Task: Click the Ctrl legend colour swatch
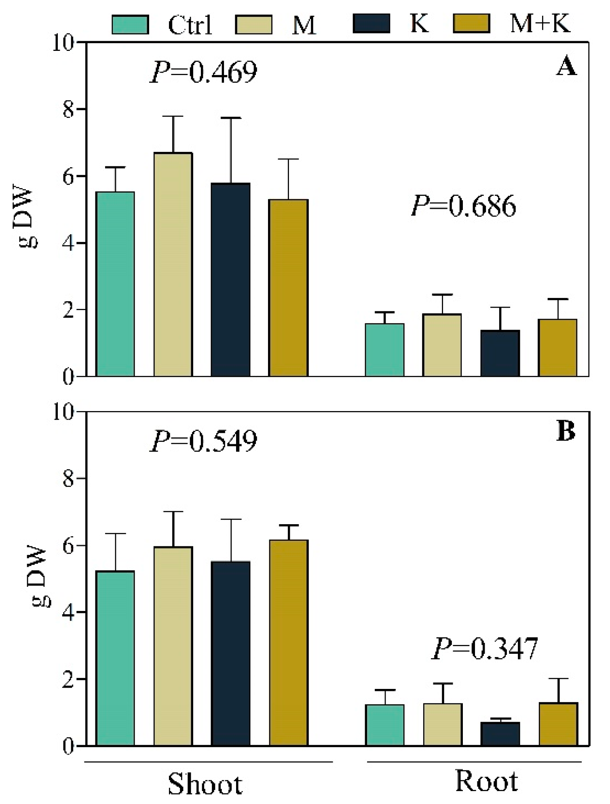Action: tap(130, 24)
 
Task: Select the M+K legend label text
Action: tap(540, 23)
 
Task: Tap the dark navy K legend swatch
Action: tap(371, 23)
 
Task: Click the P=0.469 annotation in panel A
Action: tap(203, 72)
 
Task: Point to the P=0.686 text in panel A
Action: tap(463, 206)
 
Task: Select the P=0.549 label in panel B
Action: tap(203, 441)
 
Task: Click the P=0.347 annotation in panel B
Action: tap(485, 649)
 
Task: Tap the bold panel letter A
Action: tap(566, 67)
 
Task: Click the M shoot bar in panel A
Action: tap(173, 265)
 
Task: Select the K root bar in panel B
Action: tap(500, 733)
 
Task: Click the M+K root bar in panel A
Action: tap(557, 348)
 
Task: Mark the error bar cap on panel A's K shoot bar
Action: tap(231, 118)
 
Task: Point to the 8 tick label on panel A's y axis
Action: tap(68, 110)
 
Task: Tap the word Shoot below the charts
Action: tap(205, 784)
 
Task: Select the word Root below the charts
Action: tap(486, 781)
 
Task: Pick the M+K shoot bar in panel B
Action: tap(289, 642)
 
